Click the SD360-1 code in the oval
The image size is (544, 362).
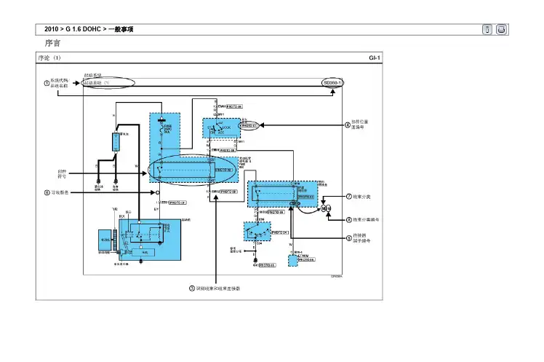tap(334, 82)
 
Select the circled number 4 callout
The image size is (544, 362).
tap(348, 124)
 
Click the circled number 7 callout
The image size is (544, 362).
tap(348, 196)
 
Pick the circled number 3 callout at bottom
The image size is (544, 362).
tap(191, 288)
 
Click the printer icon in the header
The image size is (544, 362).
tap(502, 29)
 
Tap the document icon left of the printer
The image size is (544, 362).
tap(488, 29)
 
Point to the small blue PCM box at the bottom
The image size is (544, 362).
tap(294, 260)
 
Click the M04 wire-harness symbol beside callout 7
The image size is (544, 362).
tap(324, 208)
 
